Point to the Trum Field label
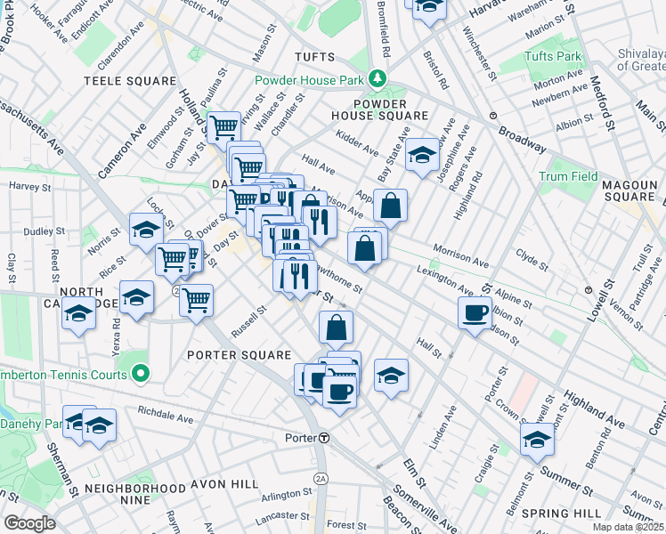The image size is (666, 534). [x=568, y=176]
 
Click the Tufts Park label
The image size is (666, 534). [x=553, y=57]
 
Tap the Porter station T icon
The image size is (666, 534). [x=325, y=438]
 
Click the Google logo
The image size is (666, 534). [x=29, y=523]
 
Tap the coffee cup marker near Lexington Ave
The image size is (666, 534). [x=475, y=311]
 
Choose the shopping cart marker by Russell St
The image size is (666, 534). [x=196, y=299]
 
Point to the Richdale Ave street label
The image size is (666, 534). [x=165, y=417]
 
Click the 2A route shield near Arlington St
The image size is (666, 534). [x=321, y=479]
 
